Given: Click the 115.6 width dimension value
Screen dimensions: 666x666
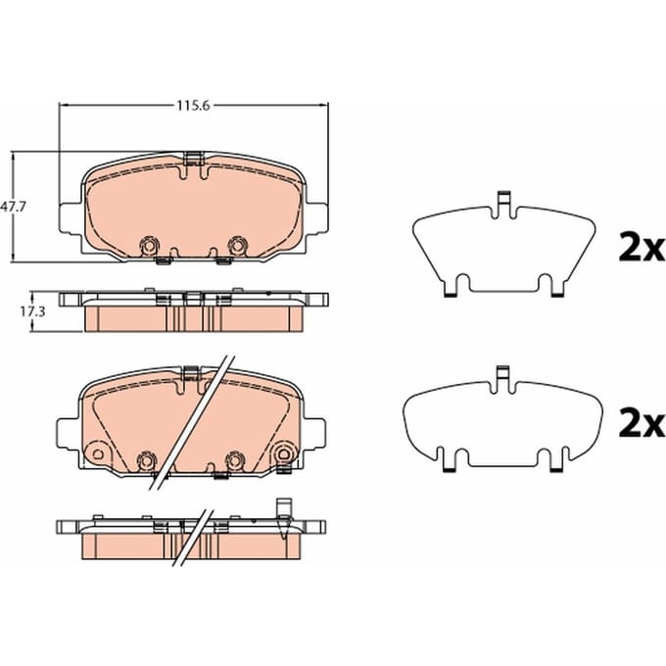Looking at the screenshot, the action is click(194, 106).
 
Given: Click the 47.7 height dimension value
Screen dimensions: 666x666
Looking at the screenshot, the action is click(13, 207).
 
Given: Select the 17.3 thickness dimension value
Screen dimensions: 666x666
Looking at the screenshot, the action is click(32, 312).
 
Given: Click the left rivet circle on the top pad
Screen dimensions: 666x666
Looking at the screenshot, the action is click(150, 246).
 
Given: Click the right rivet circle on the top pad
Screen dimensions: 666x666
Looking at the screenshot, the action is click(237, 246).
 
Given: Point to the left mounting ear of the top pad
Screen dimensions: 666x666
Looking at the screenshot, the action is click(70, 218).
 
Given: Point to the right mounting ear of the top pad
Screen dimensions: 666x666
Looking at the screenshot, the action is click(316, 218).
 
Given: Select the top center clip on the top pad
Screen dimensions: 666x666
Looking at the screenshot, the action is click(193, 158).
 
